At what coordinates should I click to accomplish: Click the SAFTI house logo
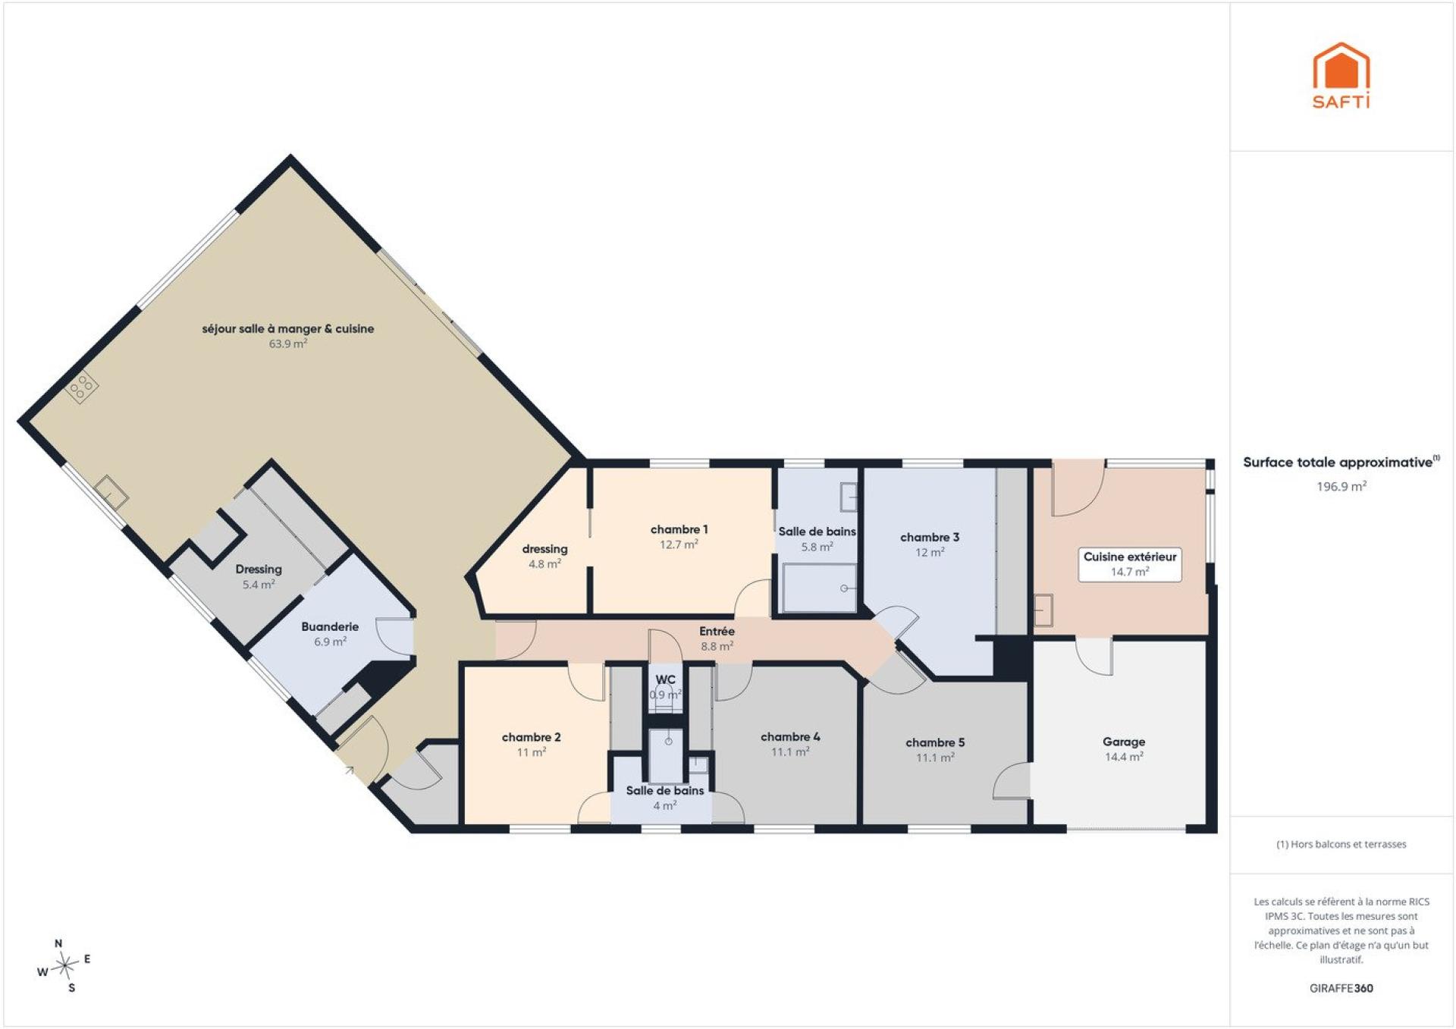click(1341, 75)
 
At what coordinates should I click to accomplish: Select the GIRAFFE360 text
click(1341, 988)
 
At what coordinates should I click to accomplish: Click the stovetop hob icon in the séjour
click(82, 388)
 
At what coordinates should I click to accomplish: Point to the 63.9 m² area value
click(288, 344)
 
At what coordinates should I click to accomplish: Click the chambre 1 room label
click(679, 529)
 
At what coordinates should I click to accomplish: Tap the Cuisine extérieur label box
click(1130, 564)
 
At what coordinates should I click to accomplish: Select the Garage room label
click(1124, 742)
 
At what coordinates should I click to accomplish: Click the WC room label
click(665, 679)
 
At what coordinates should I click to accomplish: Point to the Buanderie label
click(330, 626)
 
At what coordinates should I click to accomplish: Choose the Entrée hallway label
click(717, 631)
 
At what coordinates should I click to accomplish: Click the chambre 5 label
click(935, 742)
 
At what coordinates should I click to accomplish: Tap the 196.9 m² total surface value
click(1341, 486)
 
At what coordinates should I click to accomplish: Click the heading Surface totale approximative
click(1338, 462)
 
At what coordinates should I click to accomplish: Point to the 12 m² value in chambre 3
click(930, 552)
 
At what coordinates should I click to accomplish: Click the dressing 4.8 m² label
click(544, 556)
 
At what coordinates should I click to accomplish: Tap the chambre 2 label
click(531, 737)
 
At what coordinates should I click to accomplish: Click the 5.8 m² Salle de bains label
click(817, 538)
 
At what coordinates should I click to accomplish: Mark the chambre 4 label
click(790, 736)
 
